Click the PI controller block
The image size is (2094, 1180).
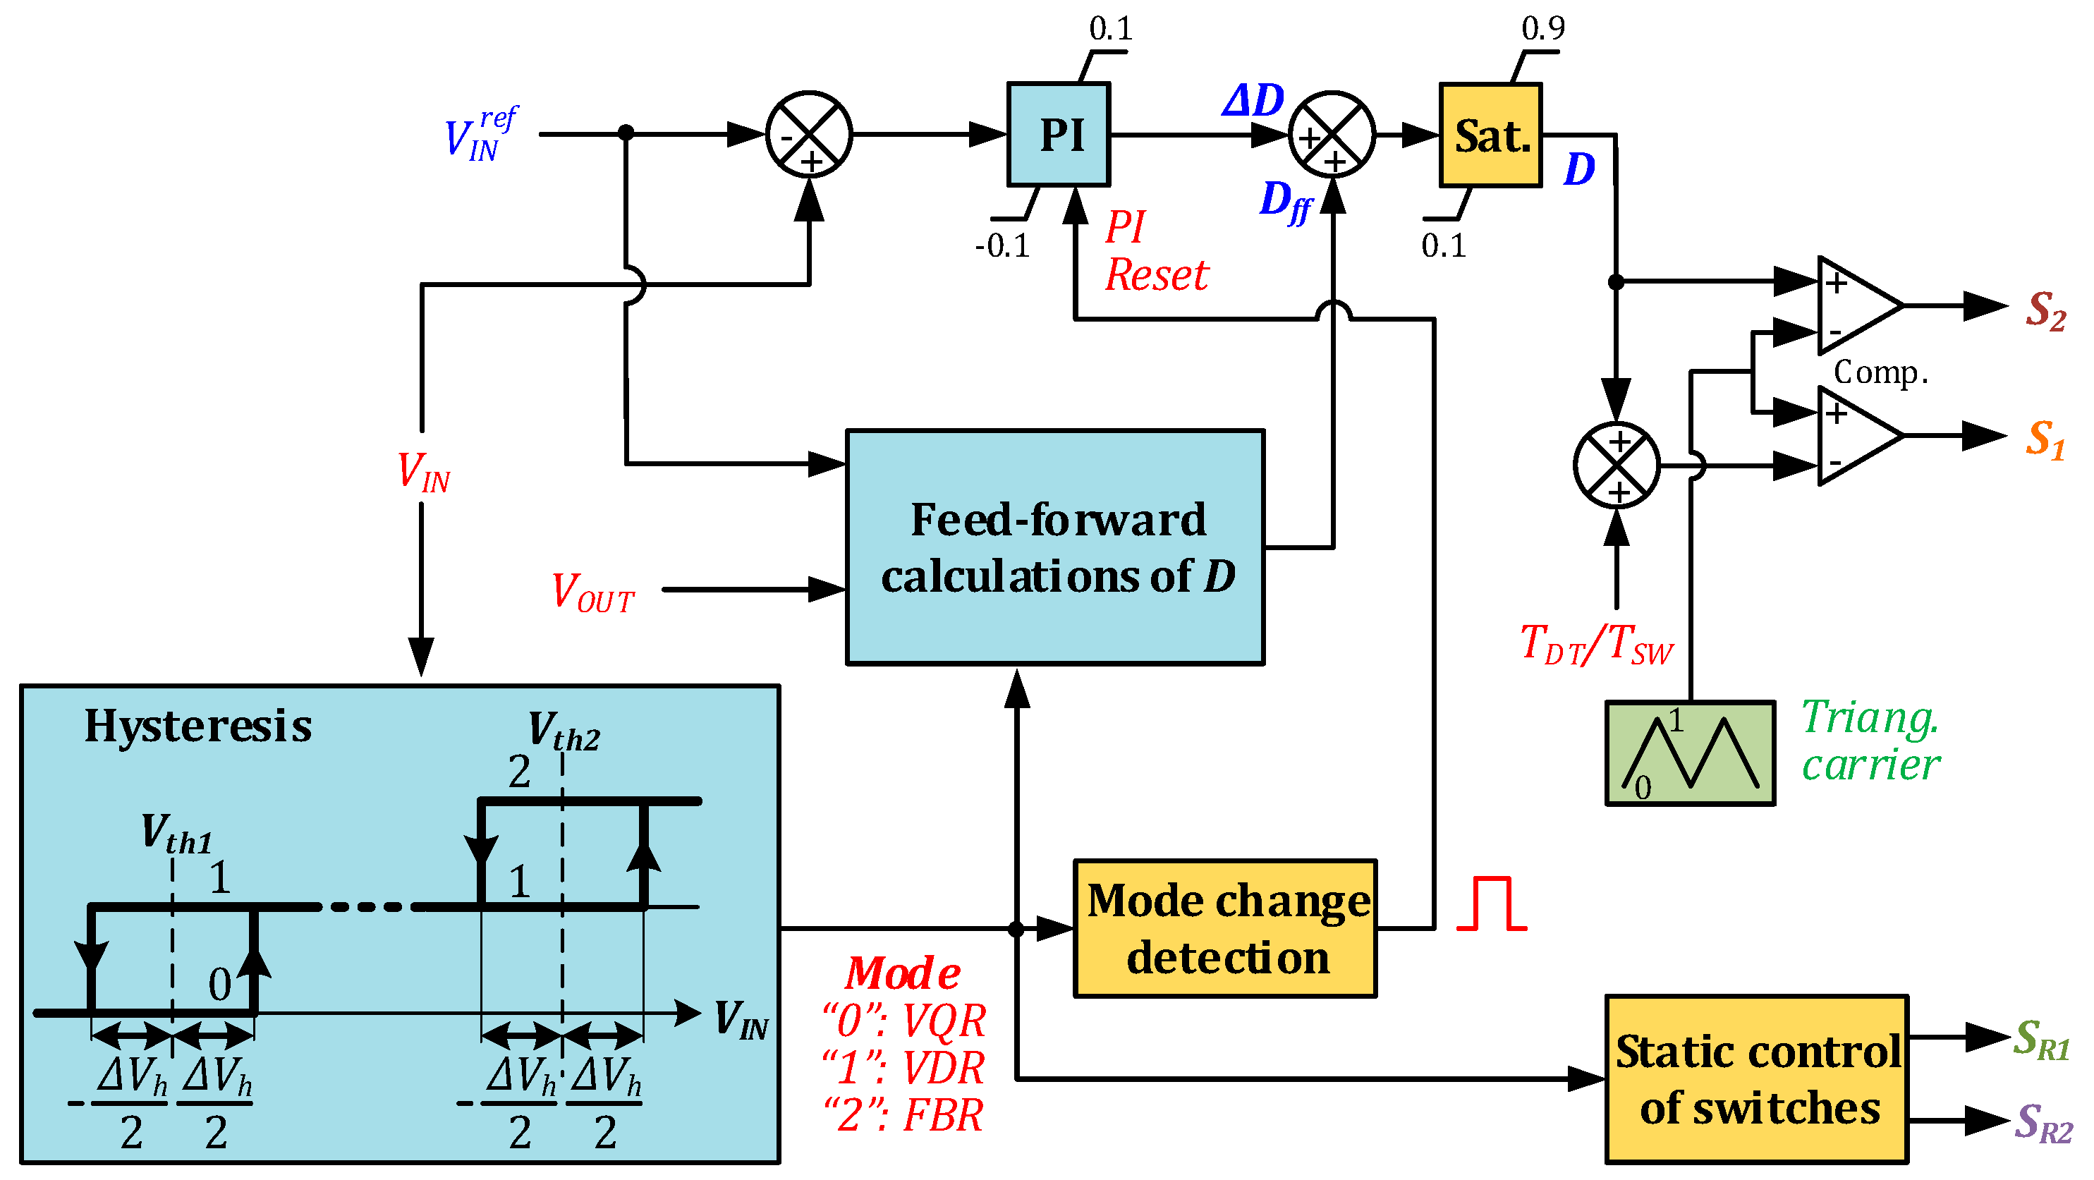click(1059, 134)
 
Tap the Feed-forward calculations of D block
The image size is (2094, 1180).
click(1055, 547)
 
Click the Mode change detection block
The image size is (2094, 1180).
click(1225, 928)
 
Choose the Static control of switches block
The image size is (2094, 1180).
click(1756, 1079)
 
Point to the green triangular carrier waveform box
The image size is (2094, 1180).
click(1689, 753)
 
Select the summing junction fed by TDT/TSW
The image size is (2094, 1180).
click(1616, 466)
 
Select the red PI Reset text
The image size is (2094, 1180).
click(1155, 251)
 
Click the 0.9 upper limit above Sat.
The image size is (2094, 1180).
click(1542, 28)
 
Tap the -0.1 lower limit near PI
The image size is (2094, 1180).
click(1002, 245)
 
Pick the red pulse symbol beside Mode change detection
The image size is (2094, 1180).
click(1491, 904)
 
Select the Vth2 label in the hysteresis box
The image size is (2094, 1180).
click(564, 730)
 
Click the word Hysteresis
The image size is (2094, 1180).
click(197, 726)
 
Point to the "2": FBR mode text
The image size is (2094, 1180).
click(902, 1115)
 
